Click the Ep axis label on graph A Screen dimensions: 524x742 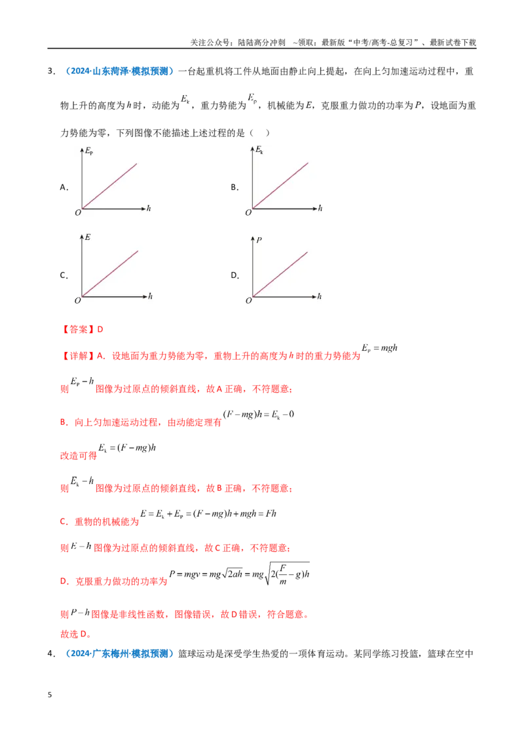pos(89,151)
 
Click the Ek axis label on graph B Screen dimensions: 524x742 pos(259,150)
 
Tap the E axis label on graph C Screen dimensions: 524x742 pos(88,237)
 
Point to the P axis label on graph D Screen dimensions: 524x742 pos(259,240)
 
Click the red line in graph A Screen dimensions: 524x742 pos(109,186)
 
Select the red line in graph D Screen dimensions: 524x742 pos(280,275)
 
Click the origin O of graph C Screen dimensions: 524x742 pos(77,300)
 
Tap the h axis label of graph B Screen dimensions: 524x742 pos(320,208)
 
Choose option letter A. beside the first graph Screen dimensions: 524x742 pos(64,187)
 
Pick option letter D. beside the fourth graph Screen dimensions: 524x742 pos(235,275)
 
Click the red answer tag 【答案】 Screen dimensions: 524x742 pos(78,329)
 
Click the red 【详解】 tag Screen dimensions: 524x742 pos(78,356)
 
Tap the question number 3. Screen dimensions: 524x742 pos(51,71)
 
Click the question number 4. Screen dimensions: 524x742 pos(51,654)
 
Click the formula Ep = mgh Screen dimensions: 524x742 pos(380,348)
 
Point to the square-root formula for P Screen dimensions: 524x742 pos(239,574)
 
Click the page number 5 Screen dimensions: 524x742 pos(50,695)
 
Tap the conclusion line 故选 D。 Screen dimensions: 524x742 pos(75,634)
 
